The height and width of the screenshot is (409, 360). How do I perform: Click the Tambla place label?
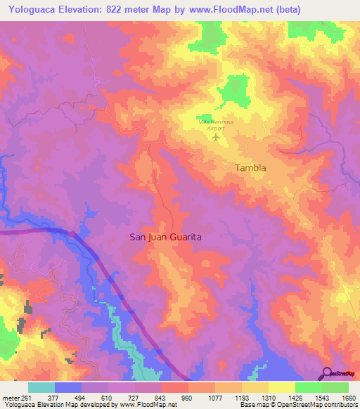[250, 168]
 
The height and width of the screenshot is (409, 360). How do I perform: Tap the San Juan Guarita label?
[166, 238]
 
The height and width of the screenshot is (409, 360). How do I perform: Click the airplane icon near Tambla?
[216, 136]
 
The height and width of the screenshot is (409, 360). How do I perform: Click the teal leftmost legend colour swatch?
[41, 387]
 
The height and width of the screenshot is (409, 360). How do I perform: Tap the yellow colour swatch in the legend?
[282, 387]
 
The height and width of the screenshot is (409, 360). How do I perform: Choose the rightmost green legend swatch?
[335, 387]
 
